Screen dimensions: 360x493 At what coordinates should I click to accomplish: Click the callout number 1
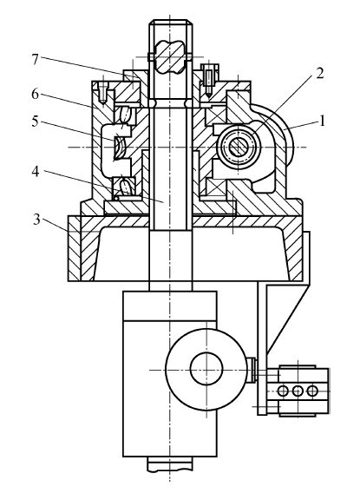(x=321, y=121)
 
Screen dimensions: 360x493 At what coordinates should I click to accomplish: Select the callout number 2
(x=319, y=73)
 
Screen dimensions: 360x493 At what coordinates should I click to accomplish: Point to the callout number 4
(x=36, y=172)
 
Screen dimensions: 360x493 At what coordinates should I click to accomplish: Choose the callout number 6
(x=36, y=94)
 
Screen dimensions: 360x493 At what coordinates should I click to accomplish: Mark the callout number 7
(x=36, y=60)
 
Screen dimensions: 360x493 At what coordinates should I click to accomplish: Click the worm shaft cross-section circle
(x=239, y=147)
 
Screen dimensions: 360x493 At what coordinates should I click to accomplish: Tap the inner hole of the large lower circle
(x=206, y=369)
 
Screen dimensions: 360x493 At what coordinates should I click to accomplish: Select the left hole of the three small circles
(x=283, y=391)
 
